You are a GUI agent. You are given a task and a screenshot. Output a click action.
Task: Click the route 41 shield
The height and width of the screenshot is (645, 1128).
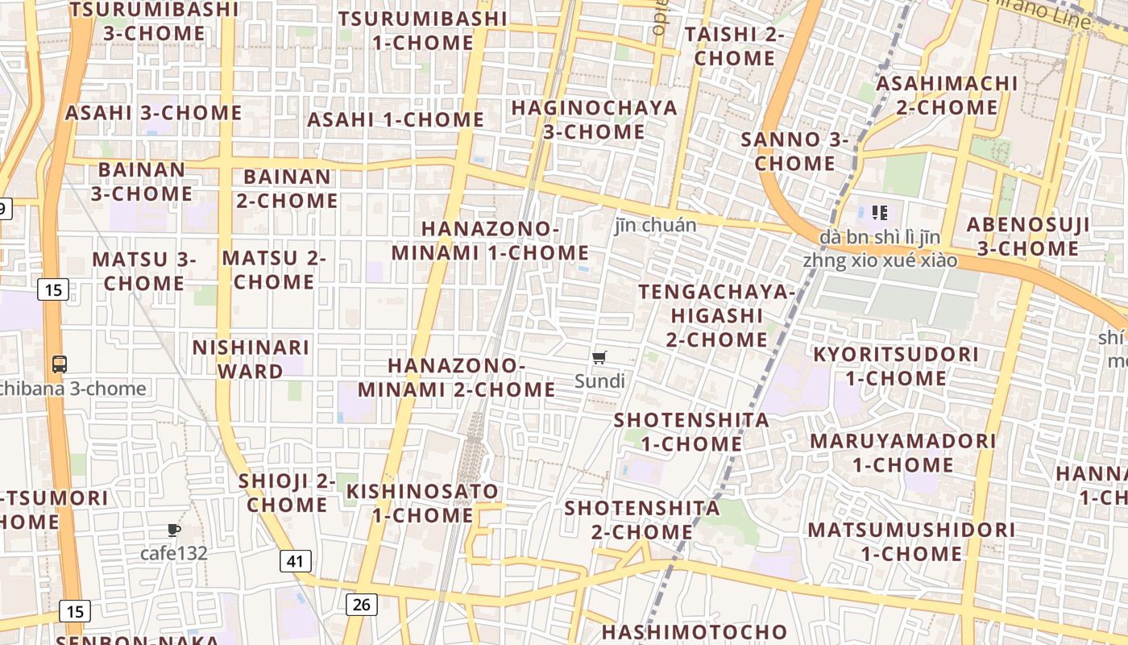coord(296,561)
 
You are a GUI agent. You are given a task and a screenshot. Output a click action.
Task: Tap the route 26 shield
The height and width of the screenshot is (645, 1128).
coord(362,603)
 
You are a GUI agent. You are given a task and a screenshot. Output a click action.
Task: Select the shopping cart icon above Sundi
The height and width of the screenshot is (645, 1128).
coord(599,357)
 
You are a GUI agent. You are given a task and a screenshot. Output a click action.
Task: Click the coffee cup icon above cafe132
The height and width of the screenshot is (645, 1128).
coord(173,531)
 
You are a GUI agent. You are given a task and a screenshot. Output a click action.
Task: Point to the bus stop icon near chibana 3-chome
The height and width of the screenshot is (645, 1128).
coord(60,364)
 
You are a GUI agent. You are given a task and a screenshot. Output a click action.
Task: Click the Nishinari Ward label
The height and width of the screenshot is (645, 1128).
coord(251,360)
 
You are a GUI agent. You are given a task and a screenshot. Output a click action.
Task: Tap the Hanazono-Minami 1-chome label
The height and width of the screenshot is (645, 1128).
coord(490,240)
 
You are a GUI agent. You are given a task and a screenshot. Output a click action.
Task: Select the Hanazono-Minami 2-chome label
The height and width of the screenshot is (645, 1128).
coord(456,377)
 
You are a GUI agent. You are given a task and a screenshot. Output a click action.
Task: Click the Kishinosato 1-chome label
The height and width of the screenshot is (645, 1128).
coord(422,503)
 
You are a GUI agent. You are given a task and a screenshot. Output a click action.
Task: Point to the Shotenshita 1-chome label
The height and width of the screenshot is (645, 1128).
coord(691,431)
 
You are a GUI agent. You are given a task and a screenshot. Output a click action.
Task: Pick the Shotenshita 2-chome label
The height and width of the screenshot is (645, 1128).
coord(642,520)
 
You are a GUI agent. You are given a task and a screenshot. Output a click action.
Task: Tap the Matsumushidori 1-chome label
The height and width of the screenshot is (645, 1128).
coord(911,542)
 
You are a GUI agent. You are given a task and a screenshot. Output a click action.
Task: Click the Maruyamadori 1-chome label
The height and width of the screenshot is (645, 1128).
coord(902,453)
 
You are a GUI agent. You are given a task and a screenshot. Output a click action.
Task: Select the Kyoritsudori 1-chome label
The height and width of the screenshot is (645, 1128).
coord(895,366)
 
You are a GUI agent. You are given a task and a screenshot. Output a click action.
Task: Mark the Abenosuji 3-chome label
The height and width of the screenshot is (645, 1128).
coord(1027,236)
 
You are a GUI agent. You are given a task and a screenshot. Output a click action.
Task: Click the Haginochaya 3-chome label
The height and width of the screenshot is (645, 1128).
coord(594,119)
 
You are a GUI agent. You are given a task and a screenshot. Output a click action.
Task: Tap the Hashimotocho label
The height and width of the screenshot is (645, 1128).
coord(694,631)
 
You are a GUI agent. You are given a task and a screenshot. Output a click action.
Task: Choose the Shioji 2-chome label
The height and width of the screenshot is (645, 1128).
coord(287,493)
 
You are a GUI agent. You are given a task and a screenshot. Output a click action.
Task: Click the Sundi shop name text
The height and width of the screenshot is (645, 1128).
coord(599,381)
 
